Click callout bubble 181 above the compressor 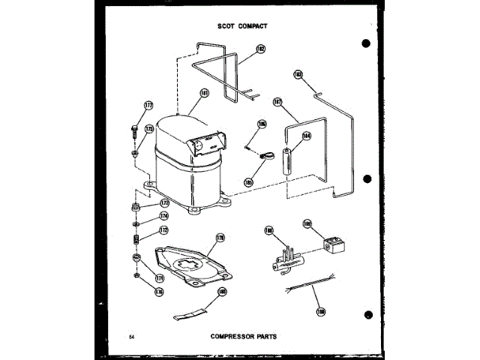(x=204, y=94)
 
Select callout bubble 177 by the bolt (x=148, y=105)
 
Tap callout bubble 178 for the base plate (x=220, y=238)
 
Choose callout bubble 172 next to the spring (x=163, y=229)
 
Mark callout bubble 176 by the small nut (x=159, y=292)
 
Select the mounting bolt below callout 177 (x=134, y=133)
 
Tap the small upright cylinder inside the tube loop (x=287, y=161)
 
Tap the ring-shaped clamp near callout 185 (x=263, y=158)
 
